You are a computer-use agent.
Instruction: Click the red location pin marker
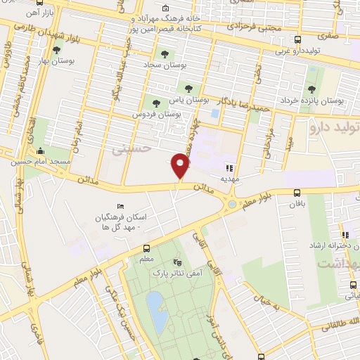click(x=180, y=165)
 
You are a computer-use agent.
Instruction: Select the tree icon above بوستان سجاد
click(x=165, y=53)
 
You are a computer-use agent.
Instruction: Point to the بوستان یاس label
click(x=188, y=99)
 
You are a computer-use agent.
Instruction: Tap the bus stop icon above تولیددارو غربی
click(x=297, y=39)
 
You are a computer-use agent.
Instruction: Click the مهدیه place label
click(x=229, y=178)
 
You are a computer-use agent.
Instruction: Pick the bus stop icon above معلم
click(x=146, y=248)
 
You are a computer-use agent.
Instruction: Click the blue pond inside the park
click(x=157, y=312)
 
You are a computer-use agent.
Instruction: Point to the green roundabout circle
click(x=232, y=204)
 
